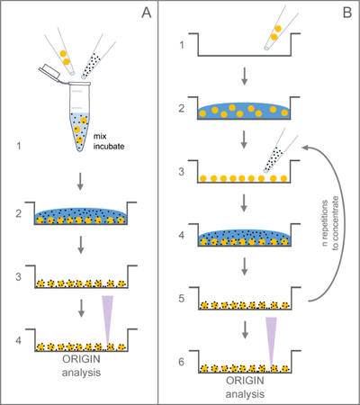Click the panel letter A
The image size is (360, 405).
click(147, 13)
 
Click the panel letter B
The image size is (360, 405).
click(347, 13)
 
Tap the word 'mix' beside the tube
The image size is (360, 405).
click(100, 137)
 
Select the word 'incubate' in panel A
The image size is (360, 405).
click(109, 147)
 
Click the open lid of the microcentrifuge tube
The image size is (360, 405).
click(50, 71)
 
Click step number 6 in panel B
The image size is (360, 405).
click(182, 362)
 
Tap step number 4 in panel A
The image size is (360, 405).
click(19, 340)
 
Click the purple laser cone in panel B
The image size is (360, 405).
click(271, 341)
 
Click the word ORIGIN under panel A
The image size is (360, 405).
click(81, 359)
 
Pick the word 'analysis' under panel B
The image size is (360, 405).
click(245, 394)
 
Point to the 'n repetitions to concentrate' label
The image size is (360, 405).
click(330, 223)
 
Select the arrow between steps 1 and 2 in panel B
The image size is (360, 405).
click(245, 76)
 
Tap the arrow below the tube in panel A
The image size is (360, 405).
click(80, 181)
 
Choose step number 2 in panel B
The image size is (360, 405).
click(182, 108)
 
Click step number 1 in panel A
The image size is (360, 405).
click(19, 146)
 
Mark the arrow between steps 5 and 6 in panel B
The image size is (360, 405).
click(245, 330)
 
